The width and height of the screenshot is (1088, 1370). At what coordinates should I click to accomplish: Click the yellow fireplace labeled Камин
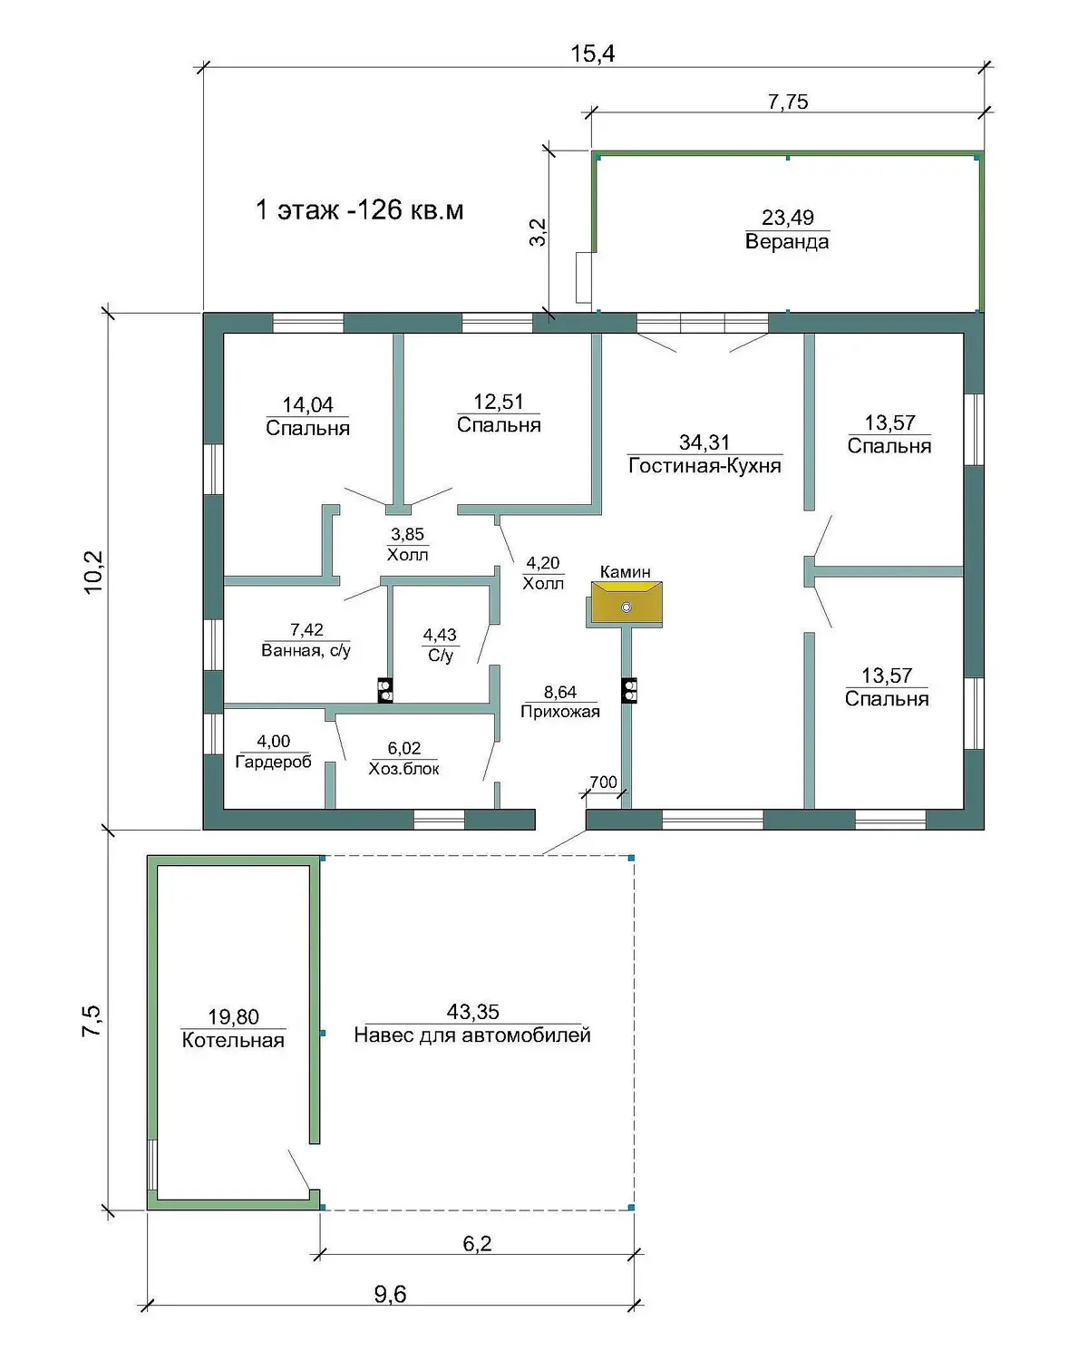point(627,602)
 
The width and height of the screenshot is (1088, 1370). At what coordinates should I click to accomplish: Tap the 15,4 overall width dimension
point(593,54)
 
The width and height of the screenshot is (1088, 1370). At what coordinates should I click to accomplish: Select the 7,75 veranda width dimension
point(788,102)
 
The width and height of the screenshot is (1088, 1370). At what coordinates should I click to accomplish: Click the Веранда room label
point(787,242)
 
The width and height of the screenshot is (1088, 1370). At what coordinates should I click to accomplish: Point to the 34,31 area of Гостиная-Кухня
point(704,442)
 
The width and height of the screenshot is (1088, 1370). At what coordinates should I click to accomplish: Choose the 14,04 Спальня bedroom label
point(307,416)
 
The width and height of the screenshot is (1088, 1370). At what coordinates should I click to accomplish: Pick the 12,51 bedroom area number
point(499,402)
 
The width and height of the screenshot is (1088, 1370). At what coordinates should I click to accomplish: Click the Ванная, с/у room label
point(306,651)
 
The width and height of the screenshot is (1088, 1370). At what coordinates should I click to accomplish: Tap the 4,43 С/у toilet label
point(440,645)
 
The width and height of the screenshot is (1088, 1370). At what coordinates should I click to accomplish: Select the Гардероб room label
point(274,762)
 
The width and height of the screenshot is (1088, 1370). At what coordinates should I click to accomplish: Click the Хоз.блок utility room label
point(403,769)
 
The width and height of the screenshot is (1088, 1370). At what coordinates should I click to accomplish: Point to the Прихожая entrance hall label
point(560,712)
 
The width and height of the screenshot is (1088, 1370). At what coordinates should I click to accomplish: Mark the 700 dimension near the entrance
point(603,782)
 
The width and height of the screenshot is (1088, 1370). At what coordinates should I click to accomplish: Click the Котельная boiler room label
point(233,1040)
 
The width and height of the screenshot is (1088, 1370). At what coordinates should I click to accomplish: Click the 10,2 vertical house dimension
point(93,572)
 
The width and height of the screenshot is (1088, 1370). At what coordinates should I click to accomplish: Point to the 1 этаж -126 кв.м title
point(360,210)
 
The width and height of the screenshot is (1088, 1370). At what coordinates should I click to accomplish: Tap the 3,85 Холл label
point(407,544)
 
